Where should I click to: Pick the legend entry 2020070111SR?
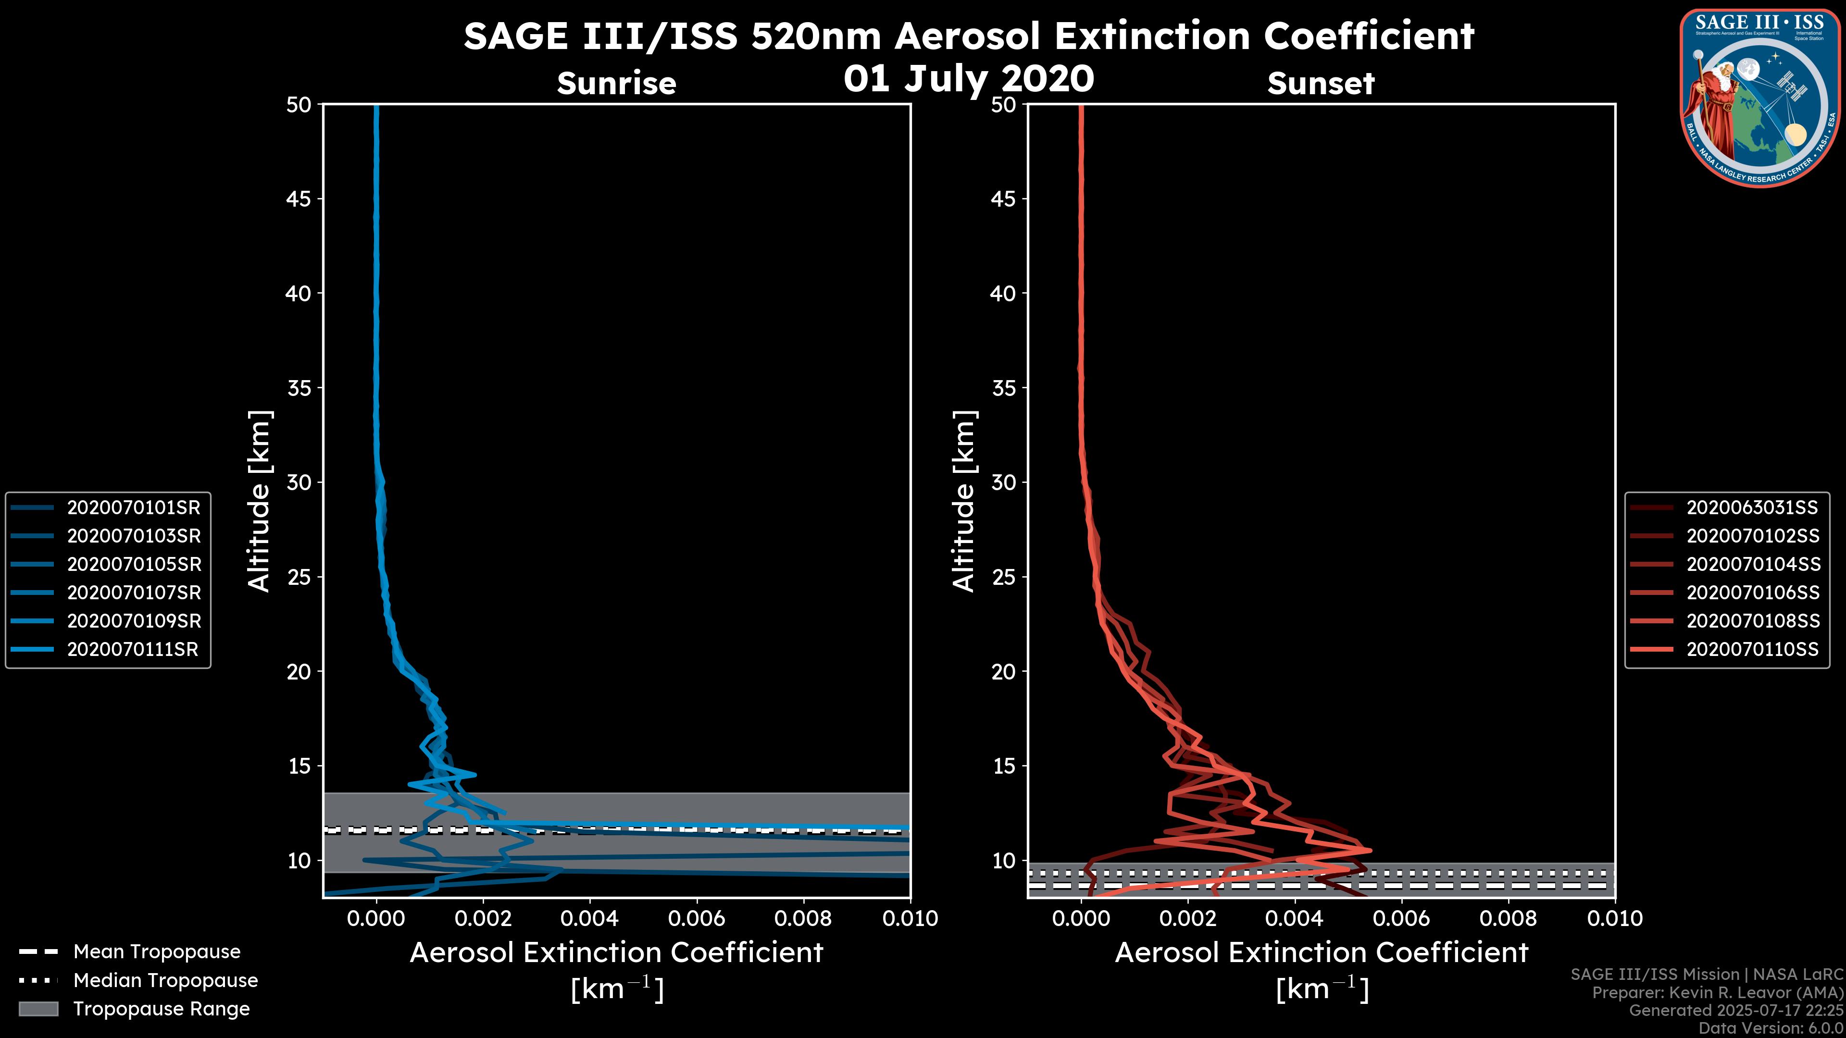tap(133, 650)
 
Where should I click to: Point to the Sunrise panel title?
tap(616, 84)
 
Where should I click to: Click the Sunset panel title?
tap(1321, 84)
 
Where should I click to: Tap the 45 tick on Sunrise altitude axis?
tap(299, 199)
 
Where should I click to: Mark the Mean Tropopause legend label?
tap(157, 952)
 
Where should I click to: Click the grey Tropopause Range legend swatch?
tap(38, 1009)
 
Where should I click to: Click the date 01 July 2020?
tap(969, 79)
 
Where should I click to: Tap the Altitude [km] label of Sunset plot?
tap(964, 501)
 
